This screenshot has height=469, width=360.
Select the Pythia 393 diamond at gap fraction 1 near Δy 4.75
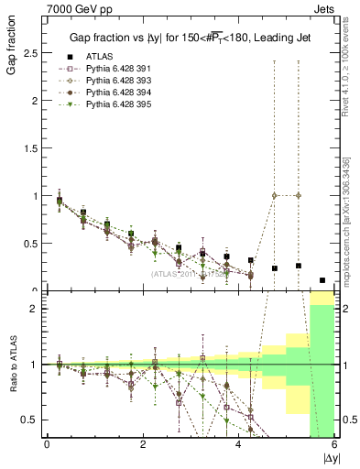275,195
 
